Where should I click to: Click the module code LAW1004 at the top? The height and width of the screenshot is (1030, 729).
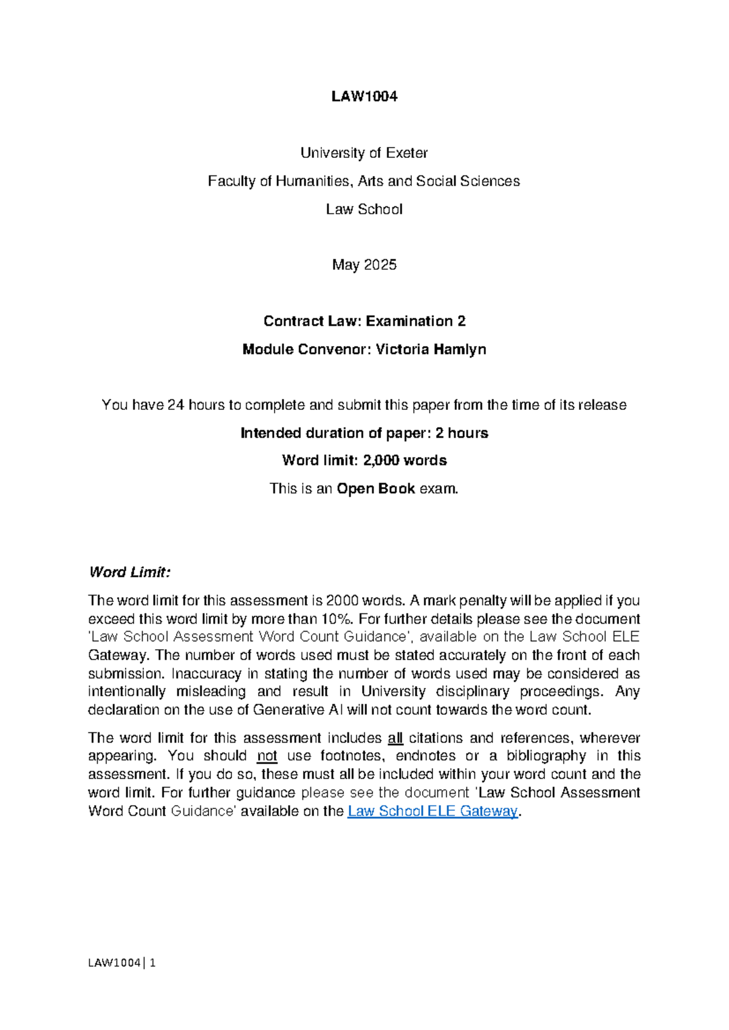364,97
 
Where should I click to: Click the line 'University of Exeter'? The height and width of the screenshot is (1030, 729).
364,153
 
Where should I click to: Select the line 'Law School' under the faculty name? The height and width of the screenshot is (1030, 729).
364,210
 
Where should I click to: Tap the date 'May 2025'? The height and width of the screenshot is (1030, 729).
364,265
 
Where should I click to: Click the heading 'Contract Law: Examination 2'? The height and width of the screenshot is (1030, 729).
364,321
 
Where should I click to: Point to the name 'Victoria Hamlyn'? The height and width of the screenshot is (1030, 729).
431,350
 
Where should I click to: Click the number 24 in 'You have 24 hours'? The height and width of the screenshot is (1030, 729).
176,405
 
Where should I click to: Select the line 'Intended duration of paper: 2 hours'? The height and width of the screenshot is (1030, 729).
364,433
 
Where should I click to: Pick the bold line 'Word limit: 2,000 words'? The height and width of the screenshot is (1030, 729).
364,461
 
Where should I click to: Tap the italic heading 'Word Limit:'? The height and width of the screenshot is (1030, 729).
129,572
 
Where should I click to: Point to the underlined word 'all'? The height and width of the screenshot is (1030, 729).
395,738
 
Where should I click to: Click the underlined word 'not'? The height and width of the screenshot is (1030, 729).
267,756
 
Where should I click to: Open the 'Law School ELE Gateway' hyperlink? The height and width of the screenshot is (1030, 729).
432,811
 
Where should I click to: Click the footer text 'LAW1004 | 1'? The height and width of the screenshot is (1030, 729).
122,963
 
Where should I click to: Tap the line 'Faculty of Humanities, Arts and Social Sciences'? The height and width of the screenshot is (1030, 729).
364,182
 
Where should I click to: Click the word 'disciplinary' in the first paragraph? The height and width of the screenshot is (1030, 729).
472,692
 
